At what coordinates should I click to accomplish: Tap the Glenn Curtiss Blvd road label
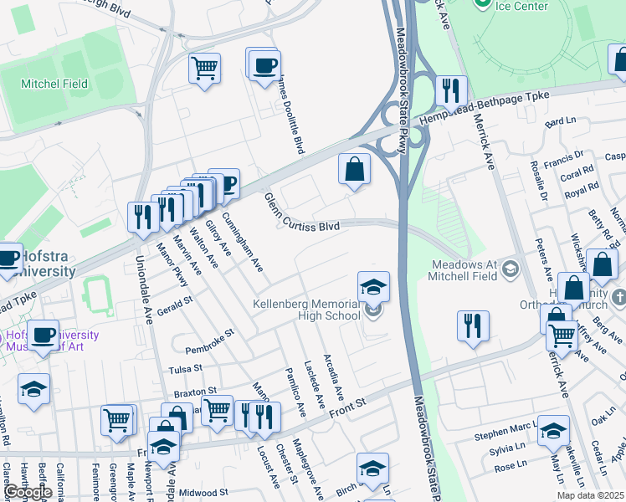click(301, 214)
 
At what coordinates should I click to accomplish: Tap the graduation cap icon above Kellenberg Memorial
click(373, 287)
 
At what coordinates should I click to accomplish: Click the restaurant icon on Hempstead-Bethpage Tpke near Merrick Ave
click(451, 90)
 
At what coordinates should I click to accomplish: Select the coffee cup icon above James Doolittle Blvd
click(264, 65)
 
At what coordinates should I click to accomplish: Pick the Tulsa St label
click(186, 368)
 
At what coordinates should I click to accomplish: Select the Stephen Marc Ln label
click(502, 434)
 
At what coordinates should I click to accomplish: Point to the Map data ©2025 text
click(591, 496)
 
